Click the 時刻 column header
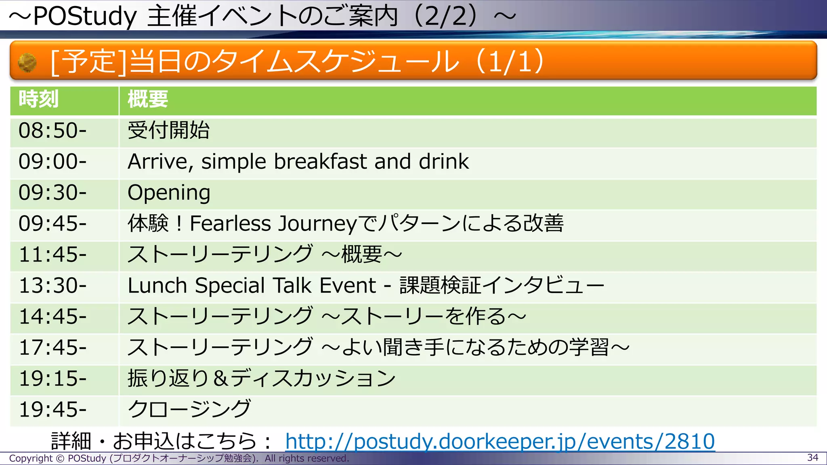coord(39,99)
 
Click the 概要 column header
coord(148,99)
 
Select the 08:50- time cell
coord(53,131)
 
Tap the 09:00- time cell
coord(53,162)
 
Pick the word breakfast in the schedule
coord(321,162)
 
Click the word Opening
coord(169,193)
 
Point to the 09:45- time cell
coord(53,224)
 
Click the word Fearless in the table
coord(230,224)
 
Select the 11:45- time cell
coord(53,255)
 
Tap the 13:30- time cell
coord(53,286)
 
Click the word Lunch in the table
coord(157,286)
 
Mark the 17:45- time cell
coord(53,348)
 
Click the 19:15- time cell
coord(53,379)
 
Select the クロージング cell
coord(189,410)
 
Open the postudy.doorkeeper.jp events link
coord(500,441)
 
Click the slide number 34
coord(812,458)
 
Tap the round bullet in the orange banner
coord(27,63)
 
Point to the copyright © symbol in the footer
coord(60,459)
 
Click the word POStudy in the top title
coord(85,17)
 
